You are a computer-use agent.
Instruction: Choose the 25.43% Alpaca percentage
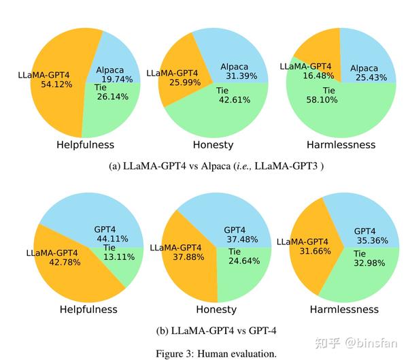pyautogui.click(x=370, y=78)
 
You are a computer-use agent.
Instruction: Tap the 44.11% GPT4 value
pyautogui.click(x=111, y=239)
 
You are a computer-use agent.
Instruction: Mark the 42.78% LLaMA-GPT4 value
pyautogui.click(x=52, y=263)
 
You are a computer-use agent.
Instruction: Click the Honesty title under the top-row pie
pyautogui.click(x=214, y=144)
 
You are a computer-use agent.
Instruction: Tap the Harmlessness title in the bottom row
pyautogui.click(x=344, y=309)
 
